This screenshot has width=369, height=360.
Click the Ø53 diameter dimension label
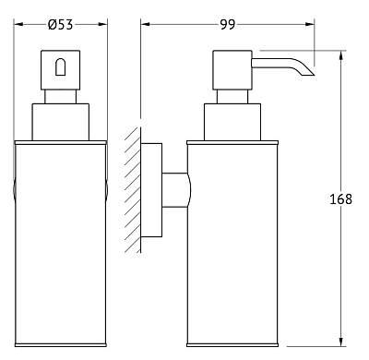coord(61,24)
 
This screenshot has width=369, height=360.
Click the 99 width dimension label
coord(228,24)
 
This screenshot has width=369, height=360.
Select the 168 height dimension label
coord(340,199)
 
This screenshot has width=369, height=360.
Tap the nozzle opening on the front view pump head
coord(60,66)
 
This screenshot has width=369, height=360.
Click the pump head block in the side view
coord(232,70)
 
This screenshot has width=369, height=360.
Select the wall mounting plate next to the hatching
coord(151,190)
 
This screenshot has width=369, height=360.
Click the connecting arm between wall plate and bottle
coord(176,190)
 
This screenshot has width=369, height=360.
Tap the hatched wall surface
coord(133,190)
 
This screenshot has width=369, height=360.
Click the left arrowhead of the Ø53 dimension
coord(19,24)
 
